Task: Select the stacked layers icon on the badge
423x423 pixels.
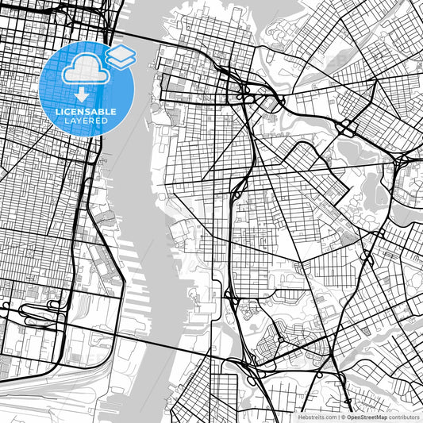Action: (121, 56)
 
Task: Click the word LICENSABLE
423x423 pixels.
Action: (86, 111)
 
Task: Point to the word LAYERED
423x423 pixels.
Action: (86, 120)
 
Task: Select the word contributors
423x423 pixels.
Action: (403, 417)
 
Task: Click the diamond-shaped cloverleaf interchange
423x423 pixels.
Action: (238, 191)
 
